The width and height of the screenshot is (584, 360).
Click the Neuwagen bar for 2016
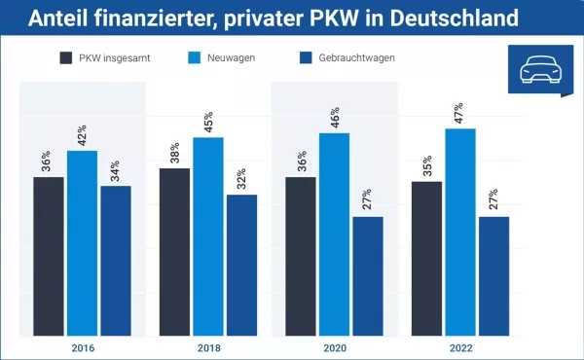(82, 243)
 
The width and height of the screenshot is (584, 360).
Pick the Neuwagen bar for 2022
(460, 233)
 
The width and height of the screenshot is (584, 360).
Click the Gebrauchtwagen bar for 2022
(493, 276)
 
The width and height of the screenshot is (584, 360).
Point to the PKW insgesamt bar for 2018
(174, 252)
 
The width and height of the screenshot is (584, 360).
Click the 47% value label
(460, 112)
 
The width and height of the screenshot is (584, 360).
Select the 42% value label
(82, 134)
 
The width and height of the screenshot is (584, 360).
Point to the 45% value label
(208, 121)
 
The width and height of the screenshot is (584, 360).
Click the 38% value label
(174, 152)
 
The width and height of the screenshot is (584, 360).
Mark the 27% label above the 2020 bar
(368, 200)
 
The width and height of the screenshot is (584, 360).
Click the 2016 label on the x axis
(83, 347)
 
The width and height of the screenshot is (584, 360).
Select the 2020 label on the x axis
(334, 347)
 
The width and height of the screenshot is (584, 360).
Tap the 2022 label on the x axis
(460, 347)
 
